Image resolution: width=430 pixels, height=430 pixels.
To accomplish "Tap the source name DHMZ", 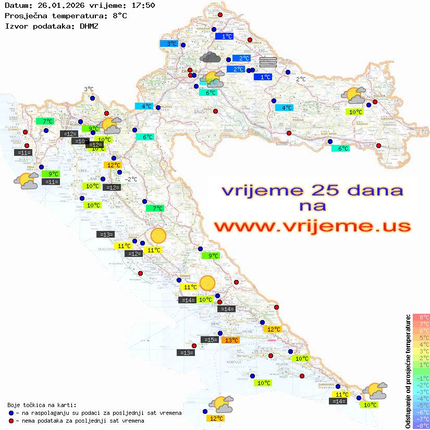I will tap(88, 26).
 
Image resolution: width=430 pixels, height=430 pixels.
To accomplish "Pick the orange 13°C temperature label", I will tap(231, 340).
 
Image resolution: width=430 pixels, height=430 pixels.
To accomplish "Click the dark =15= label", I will tap(210, 340).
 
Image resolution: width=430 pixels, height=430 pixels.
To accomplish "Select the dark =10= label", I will tap(80, 141).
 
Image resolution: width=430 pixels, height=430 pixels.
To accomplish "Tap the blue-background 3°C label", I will tap(171, 44).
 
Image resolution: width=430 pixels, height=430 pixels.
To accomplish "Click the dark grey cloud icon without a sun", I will tap(210, 57).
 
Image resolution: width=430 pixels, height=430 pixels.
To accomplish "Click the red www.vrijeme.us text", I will tap(312, 227).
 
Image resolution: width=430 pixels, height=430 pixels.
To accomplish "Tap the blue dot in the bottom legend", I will tap(11, 413).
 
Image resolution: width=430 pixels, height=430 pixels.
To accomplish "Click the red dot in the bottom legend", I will tap(11, 421).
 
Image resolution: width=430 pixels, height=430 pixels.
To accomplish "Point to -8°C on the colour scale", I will tap(420, 426).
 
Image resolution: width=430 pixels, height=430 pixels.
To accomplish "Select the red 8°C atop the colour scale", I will tap(420, 317).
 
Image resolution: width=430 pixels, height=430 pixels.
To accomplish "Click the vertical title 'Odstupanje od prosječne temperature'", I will tap(408, 371).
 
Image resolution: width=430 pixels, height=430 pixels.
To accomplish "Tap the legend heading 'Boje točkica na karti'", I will tap(41, 404).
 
